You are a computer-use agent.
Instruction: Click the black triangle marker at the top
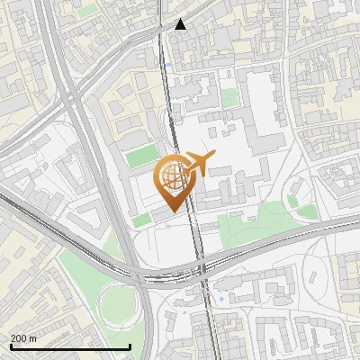coord(180,24)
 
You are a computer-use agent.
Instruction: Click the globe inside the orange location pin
coord(172,176)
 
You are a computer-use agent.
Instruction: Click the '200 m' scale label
coord(23,337)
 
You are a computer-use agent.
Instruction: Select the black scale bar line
coord(70,346)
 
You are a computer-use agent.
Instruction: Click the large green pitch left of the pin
coord(141,157)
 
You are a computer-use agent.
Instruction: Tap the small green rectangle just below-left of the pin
coord(142,220)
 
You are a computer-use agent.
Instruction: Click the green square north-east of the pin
coord(229,95)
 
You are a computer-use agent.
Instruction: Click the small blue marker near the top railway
coord(168,65)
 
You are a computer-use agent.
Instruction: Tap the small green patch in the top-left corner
coord(87,12)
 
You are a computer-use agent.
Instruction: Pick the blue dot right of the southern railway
coord(220,298)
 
